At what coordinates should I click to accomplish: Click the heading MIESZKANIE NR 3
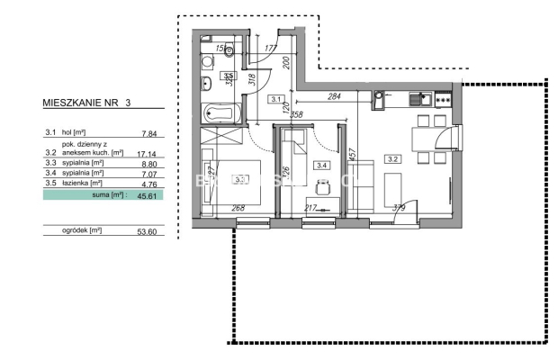(86, 103)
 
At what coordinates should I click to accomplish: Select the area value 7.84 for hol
(148, 134)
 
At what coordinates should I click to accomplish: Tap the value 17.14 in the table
(148, 154)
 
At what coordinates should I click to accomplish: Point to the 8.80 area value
(148, 165)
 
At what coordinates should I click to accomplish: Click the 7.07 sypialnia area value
(148, 175)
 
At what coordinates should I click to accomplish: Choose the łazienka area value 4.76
(148, 184)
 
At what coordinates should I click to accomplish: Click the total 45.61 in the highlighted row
(148, 194)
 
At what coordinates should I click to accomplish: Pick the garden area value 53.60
(148, 230)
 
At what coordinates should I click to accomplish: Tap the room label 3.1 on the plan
(277, 99)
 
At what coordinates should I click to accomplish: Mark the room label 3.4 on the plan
(320, 165)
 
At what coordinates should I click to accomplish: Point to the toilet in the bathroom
(229, 50)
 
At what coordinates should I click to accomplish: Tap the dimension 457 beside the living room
(353, 155)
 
